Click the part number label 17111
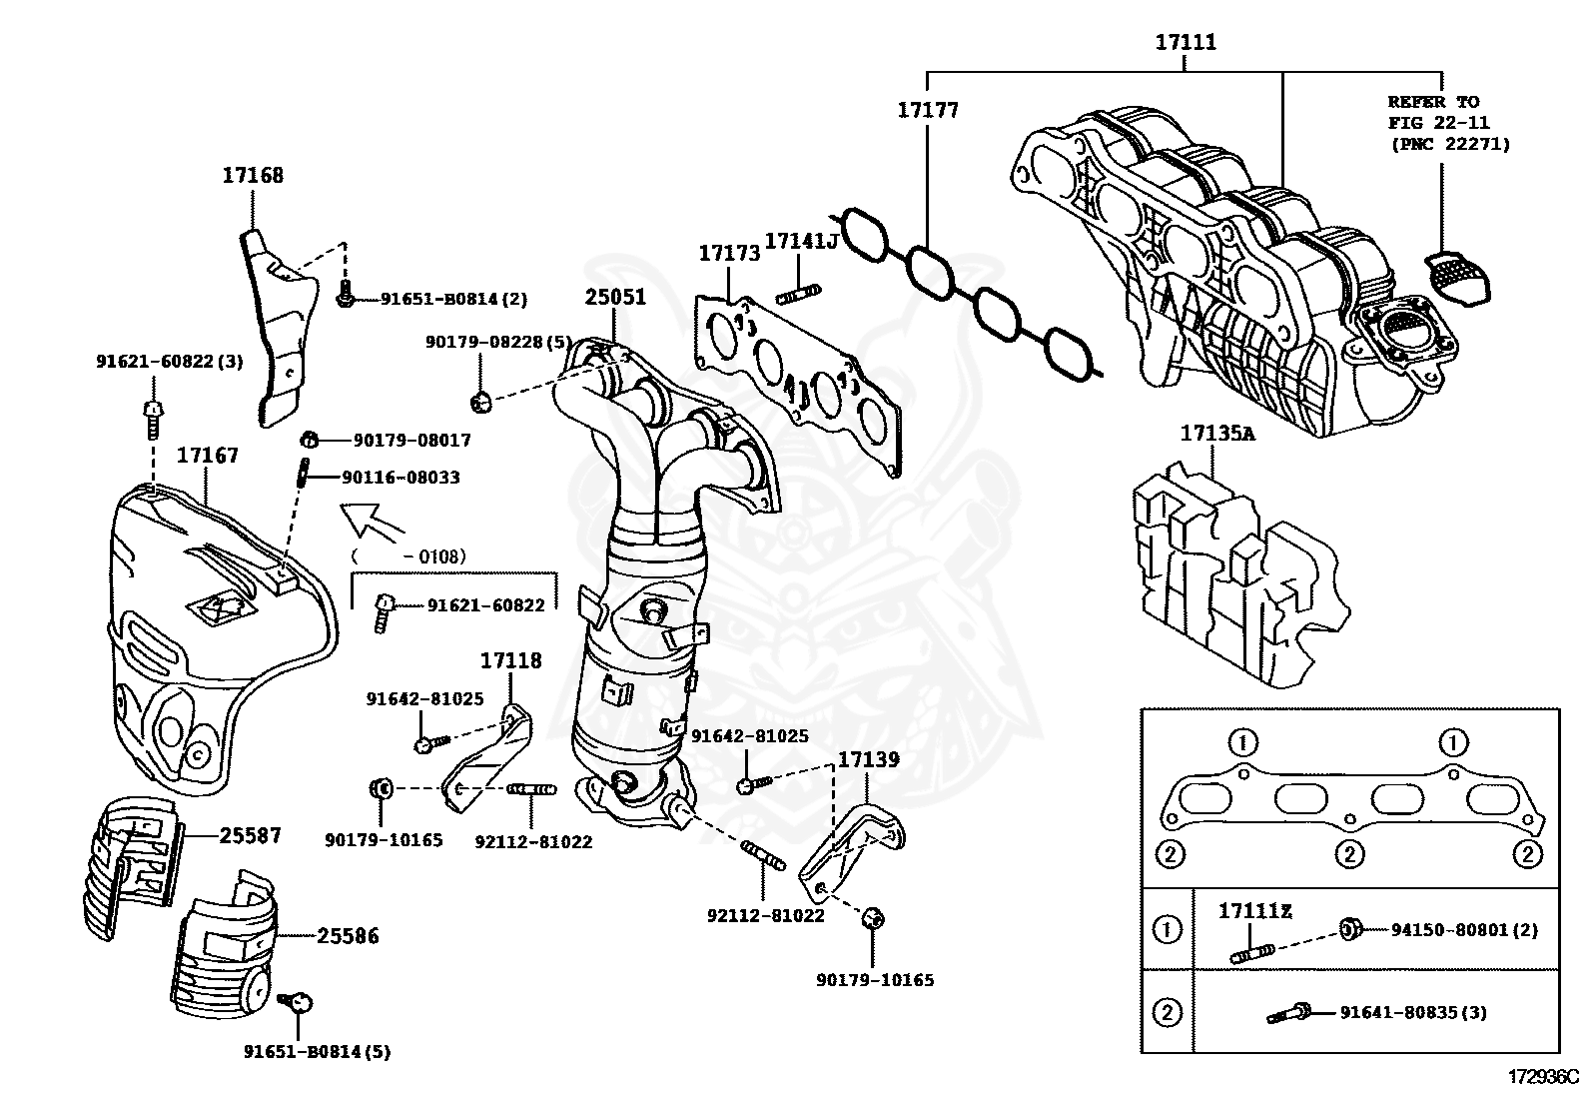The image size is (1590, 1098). click(1186, 43)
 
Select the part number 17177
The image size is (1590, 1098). click(927, 110)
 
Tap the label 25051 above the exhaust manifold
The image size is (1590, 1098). click(615, 297)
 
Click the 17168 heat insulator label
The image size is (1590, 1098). click(253, 175)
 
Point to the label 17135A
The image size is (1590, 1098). click(1216, 433)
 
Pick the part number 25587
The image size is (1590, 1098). click(250, 835)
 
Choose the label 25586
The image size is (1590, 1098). click(349, 936)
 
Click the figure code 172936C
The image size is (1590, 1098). click(1542, 1077)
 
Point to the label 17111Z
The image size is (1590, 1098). click(1254, 910)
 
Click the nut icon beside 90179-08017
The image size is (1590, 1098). click(310, 439)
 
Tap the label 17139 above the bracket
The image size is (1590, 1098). click(867, 759)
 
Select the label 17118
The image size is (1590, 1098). click(510, 660)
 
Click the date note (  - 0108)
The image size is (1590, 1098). click(408, 556)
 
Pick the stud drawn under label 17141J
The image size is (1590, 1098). click(800, 293)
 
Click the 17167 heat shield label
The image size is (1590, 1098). click(208, 456)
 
